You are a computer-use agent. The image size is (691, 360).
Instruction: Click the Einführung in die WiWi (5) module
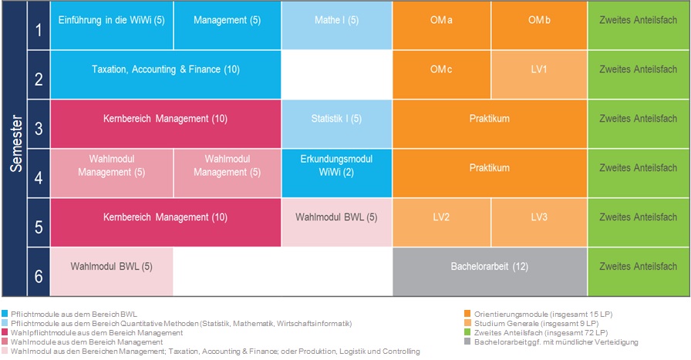point(112,25)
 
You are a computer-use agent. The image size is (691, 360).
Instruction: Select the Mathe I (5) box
point(337,25)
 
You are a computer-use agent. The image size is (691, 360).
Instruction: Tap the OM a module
point(442,25)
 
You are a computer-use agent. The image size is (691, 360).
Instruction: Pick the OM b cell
point(539,25)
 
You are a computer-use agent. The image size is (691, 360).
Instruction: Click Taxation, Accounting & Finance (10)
point(166,75)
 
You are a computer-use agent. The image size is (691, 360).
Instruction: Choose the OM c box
point(442,75)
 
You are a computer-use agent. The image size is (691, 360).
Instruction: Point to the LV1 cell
point(539,75)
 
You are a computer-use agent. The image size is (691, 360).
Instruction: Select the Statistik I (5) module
point(337,124)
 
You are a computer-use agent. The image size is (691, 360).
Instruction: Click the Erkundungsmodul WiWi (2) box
point(337,173)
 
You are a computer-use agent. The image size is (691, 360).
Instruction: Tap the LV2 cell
point(442,223)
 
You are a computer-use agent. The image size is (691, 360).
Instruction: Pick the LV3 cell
point(539,223)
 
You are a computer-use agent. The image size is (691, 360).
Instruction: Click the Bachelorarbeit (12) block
point(490,272)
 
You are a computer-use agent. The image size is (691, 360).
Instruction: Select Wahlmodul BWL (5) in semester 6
point(112,272)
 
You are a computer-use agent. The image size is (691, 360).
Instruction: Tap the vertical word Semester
point(16,143)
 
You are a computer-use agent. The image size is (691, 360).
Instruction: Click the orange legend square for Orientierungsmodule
point(467,314)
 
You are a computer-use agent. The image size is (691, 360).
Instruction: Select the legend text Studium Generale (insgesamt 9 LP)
point(536,324)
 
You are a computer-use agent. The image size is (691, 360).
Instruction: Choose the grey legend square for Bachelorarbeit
point(467,341)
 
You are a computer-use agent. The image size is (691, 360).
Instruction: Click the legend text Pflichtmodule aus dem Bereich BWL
point(74,315)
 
